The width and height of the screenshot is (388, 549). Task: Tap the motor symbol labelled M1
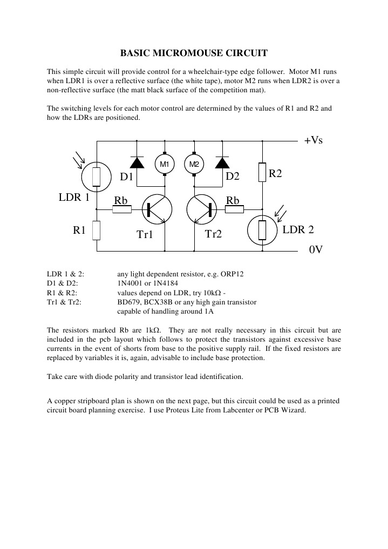[165, 164]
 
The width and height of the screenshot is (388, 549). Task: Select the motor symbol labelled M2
[194, 164]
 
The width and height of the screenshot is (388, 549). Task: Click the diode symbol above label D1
[137, 161]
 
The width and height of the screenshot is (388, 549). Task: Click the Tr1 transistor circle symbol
[157, 209]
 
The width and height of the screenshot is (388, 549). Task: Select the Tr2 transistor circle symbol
[201, 209]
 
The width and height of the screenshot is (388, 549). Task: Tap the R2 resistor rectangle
[262, 173]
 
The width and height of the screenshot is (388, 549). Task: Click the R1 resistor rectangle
[97, 230]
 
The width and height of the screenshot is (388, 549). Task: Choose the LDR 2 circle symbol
[262, 230]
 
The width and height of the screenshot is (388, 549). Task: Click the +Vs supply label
[313, 140]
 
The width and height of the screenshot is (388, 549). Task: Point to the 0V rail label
[316, 251]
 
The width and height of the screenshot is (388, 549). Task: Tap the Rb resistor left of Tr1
[121, 209]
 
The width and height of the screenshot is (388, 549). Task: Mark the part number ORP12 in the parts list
[233, 274]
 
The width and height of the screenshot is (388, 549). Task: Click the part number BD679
[128, 302]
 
